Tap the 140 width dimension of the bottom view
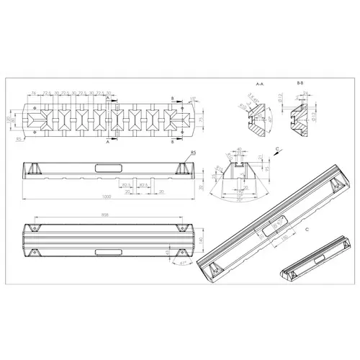[202, 238]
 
